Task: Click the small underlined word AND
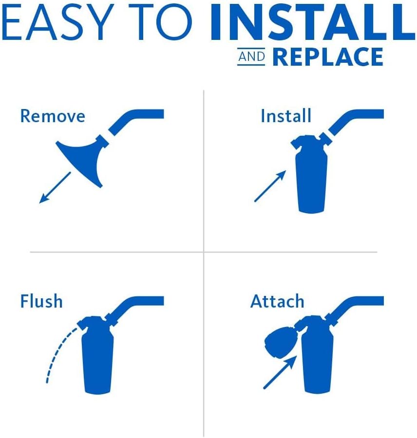coord(251,57)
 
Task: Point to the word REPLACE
coord(328,57)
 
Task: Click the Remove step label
coord(53,116)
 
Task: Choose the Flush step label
coord(41,301)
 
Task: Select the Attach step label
coord(277,301)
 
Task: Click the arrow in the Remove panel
coord(55,188)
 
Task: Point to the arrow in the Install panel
coord(270,186)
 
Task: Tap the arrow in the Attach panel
coord(280,372)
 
